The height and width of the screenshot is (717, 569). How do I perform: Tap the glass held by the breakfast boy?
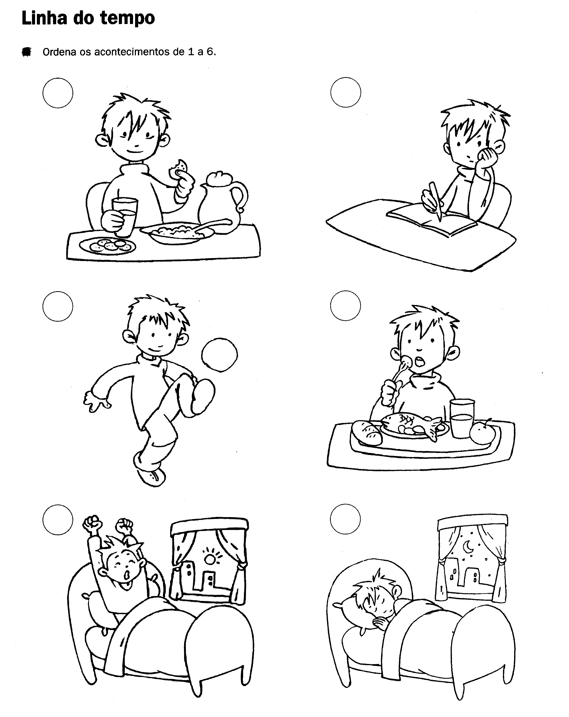click(124, 216)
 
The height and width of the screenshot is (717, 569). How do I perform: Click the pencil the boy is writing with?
click(436, 201)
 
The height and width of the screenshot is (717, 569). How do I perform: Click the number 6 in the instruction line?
click(210, 52)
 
